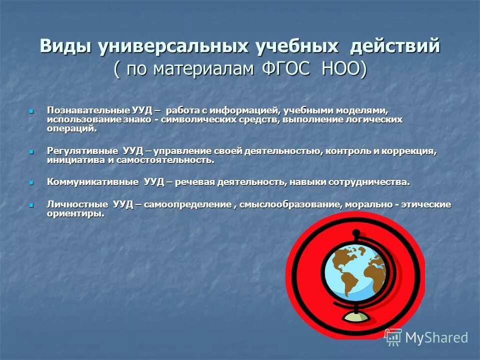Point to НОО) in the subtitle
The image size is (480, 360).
[x=345, y=69]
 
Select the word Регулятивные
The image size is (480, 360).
[x=83, y=151]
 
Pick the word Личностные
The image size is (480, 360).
[x=77, y=204]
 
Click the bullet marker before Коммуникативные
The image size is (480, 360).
[x=31, y=182]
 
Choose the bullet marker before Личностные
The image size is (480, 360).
[x=31, y=205]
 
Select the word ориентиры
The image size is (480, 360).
[x=75, y=213]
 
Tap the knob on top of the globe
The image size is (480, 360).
[x=356, y=232]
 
